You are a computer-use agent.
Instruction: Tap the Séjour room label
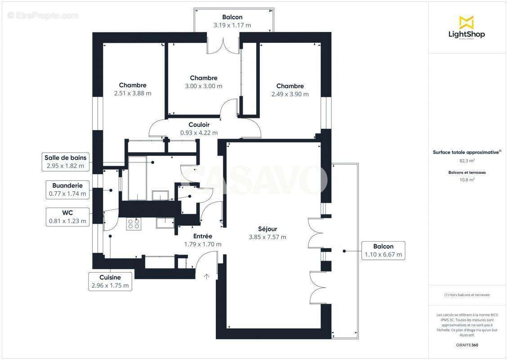point(267,229)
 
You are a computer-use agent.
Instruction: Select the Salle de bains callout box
point(65,162)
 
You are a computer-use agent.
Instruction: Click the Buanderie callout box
point(67,190)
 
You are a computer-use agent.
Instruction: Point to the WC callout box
point(67,216)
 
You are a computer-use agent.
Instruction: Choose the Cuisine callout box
point(110,281)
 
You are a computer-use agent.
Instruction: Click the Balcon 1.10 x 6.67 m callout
point(383,251)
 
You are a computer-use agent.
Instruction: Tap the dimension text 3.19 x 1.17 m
point(232,25)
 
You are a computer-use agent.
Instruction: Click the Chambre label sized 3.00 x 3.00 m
point(203,78)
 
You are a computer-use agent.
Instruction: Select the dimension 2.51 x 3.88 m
point(133,94)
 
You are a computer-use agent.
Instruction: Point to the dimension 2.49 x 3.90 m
point(290,94)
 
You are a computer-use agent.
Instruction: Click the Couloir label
point(199,125)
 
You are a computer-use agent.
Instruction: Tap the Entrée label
point(202,236)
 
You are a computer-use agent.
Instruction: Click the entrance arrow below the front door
point(207,276)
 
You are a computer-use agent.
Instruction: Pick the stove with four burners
point(134,224)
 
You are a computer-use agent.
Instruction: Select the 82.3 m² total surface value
point(467,160)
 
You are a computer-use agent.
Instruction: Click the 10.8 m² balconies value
point(467,180)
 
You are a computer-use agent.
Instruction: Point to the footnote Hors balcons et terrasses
point(467,295)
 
